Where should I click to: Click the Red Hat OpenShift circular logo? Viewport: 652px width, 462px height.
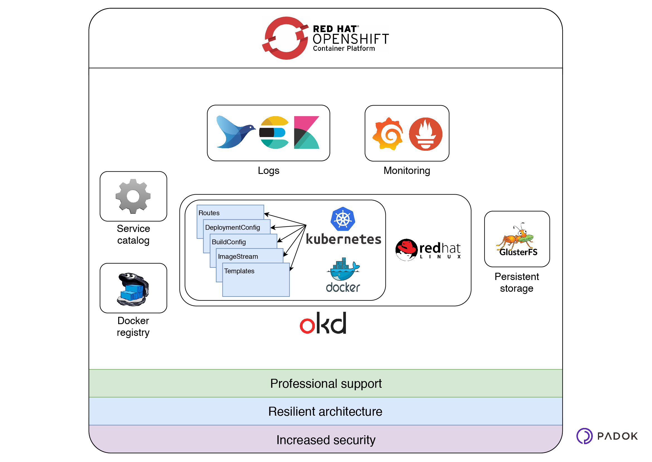tap(285, 38)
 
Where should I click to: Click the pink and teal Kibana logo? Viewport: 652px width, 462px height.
tap(306, 132)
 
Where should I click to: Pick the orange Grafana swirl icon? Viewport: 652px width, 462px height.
tap(388, 134)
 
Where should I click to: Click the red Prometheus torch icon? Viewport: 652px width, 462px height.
tap(425, 134)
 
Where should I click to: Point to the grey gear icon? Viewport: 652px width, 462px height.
tap(133, 196)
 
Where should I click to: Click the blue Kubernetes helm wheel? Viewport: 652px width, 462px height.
tap(343, 219)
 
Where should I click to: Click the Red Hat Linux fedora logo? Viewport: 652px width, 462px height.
tap(406, 250)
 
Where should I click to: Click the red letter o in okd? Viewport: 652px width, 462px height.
tap(307, 325)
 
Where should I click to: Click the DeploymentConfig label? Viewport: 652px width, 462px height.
tap(232, 227)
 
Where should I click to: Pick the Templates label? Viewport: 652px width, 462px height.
tap(239, 271)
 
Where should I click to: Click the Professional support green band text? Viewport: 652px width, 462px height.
tap(326, 384)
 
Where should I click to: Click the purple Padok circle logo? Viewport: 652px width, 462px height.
tap(584, 436)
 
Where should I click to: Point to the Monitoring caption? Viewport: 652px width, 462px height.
tap(406, 170)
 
